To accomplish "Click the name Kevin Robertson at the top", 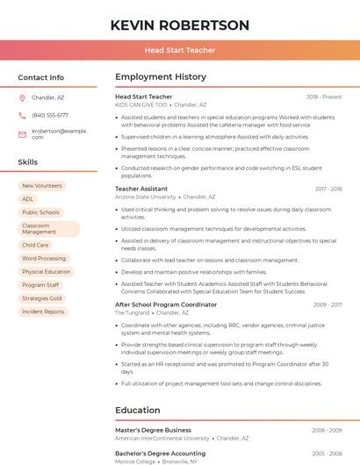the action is pos(180,25).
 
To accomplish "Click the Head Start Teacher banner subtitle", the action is pos(180,50).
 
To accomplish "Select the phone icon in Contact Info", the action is pos(22,115).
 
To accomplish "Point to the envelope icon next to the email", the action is pos(22,133).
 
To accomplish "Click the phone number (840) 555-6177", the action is pos(50,115).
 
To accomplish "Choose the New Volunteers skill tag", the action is pos(42,186).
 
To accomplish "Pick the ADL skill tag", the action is pos(28,199).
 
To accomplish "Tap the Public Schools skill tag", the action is pos(40,212).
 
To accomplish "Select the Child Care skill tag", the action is pos(36,246).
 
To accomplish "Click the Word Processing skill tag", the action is pos(44,259).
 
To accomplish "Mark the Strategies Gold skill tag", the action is pos(42,298).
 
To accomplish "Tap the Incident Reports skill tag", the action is pos(43,311).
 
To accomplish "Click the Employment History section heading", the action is pos(161,77).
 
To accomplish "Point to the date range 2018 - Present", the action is pos(324,97).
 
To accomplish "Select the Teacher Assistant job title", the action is pos(141,189).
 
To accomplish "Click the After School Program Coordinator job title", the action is pos(166,304).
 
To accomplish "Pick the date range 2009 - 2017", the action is pos(328,304).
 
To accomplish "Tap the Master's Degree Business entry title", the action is pos(153,430).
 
